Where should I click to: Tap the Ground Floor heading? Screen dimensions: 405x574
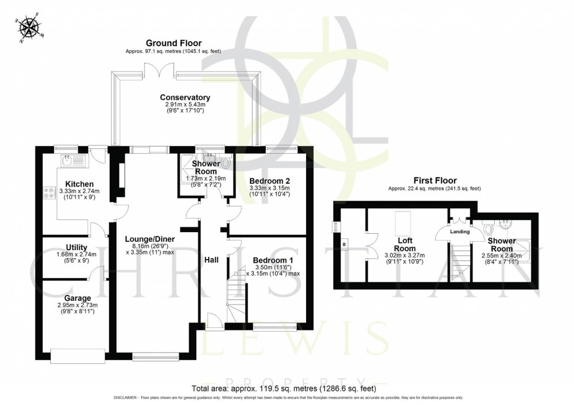[x=173, y=43]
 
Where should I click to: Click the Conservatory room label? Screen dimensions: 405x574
[x=185, y=97]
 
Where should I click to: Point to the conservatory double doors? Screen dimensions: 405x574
[x=153, y=70]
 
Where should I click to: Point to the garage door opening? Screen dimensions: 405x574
[x=77, y=354]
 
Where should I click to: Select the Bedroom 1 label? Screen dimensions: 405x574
[x=268, y=260]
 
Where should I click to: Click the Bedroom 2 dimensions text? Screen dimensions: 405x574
[x=268, y=191]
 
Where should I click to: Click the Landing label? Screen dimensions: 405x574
[x=460, y=231]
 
